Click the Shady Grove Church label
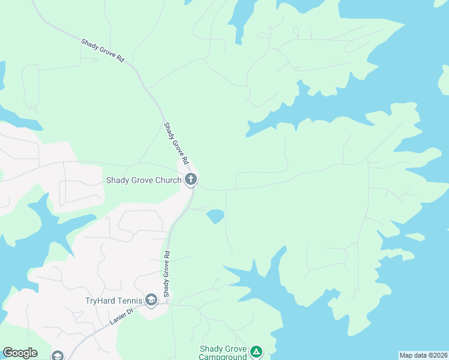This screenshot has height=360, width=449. click(x=144, y=179)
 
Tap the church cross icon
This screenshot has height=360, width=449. click(x=191, y=179)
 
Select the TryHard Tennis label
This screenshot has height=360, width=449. click(x=113, y=300)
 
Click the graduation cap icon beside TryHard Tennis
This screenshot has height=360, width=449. click(x=151, y=300)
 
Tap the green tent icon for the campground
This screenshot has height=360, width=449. click(x=256, y=352)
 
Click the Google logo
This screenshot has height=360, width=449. click(x=20, y=353)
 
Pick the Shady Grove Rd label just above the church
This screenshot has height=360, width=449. click(x=176, y=145)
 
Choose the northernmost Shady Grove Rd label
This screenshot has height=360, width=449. click(x=103, y=50)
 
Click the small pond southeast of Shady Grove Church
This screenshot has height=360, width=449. click(x=215, y=216)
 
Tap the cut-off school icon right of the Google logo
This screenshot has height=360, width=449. click(x=58, y=356)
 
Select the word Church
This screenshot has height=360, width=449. click(x=167, y=179)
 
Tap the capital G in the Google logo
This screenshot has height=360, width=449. click(x=7, y=353)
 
